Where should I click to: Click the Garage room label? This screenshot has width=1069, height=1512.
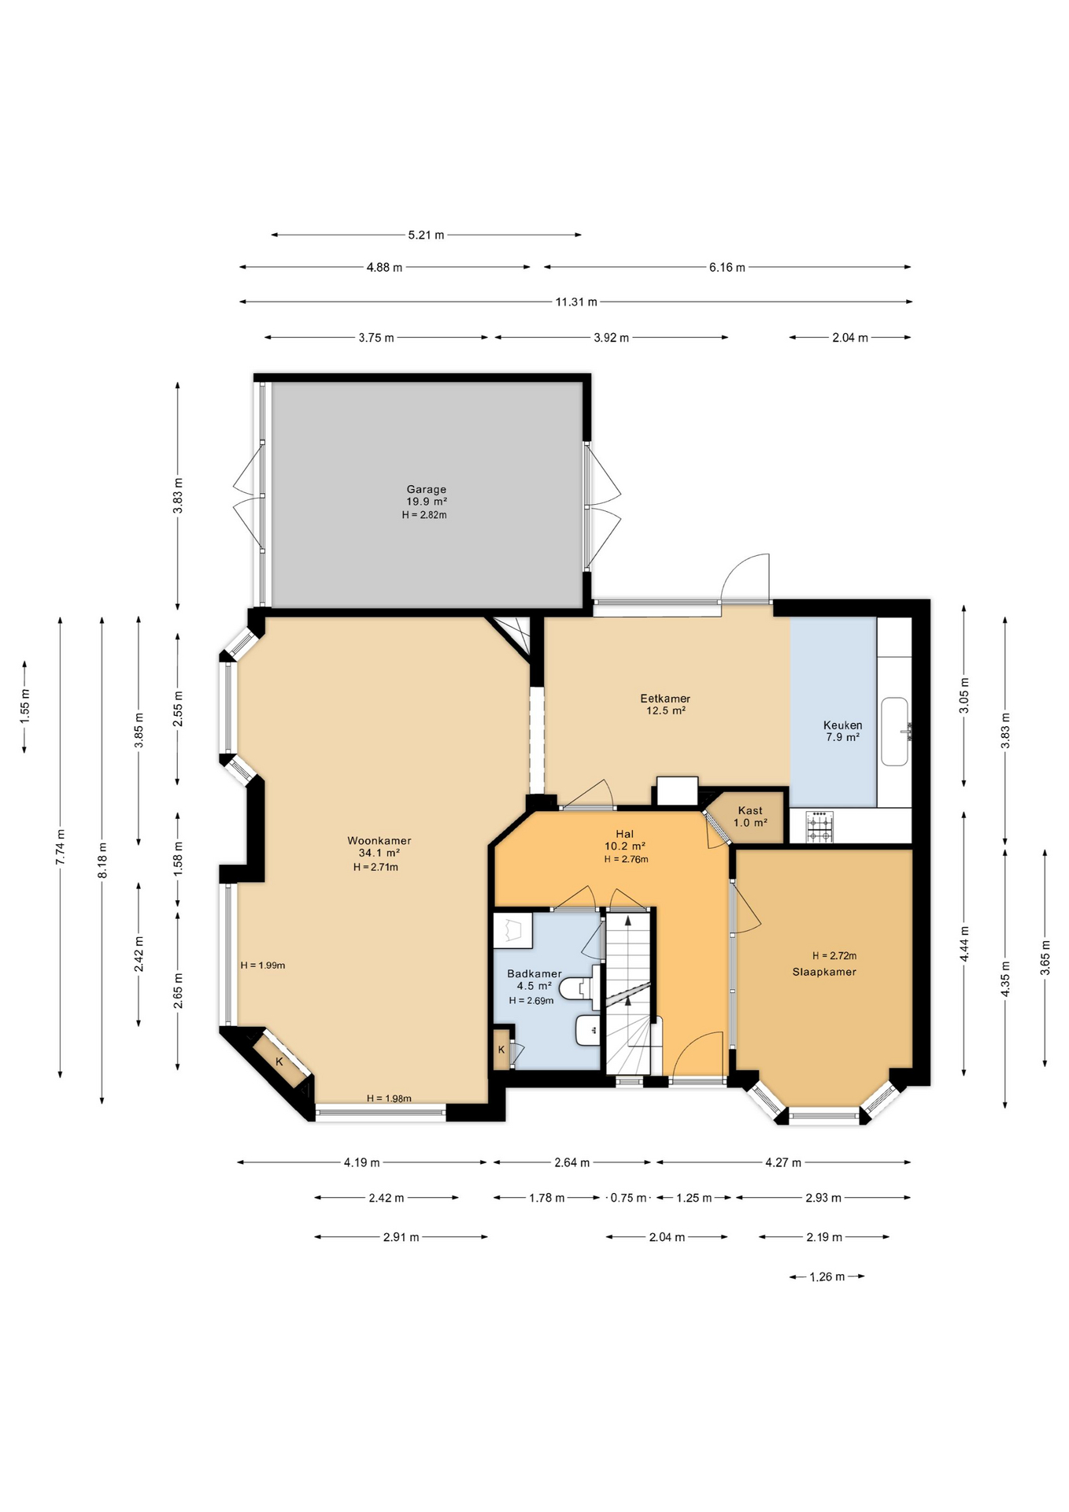[x=427, y=489]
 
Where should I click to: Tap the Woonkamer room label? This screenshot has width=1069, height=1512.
[x=379, y=840]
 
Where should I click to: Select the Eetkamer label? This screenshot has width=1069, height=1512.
[x=665, y=698]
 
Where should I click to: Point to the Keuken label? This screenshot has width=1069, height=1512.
[x=842, y=724]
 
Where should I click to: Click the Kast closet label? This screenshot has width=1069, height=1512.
[x=750, y=810]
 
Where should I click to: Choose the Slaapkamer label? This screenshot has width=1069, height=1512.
[x=824, y=971]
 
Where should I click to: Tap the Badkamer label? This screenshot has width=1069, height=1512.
[x=534, y=973]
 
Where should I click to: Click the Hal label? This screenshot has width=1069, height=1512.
[x=625, y=833]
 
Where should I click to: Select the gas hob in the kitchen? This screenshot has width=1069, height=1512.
[x=819, y=827]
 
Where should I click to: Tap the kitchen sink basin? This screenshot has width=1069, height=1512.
[x=895, y=731]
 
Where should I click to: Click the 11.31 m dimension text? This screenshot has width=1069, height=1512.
[x=576, y=302]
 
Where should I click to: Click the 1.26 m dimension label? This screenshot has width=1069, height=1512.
[x=827, y=1277]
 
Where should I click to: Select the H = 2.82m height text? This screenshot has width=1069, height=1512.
[x=424, y=514]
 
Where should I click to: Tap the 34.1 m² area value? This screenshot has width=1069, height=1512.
[x=379, y=853]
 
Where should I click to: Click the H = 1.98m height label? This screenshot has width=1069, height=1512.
[x=389, y=1099]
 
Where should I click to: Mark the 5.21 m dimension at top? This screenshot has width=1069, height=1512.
[x=426, y=235]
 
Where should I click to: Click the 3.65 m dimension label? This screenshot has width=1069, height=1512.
[x=1045, y=958]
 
